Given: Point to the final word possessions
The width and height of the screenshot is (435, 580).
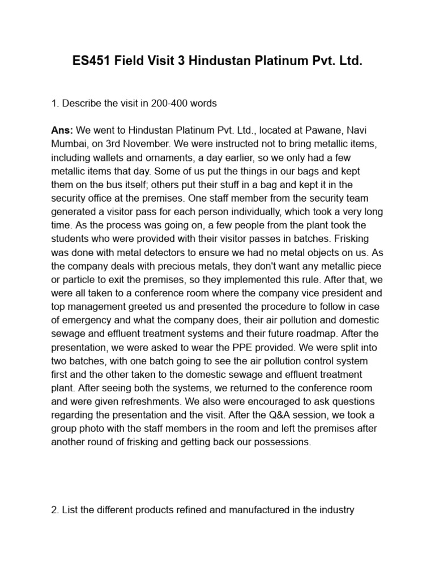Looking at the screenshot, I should coord(282,442).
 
